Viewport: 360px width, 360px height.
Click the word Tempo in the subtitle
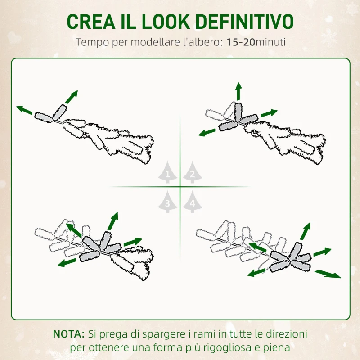click(x=91, y=42)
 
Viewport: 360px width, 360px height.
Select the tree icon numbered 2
click(x=192, y=173)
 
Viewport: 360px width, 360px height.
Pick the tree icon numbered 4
click(x=192, y=203)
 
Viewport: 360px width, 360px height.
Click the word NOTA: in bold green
click(x=69, y=334)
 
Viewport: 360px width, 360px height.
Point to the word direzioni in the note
click(x=288, y=334)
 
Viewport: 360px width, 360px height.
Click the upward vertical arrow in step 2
click(x=238, y=91)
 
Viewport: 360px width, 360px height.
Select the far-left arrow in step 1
click(x=24, y=110)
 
